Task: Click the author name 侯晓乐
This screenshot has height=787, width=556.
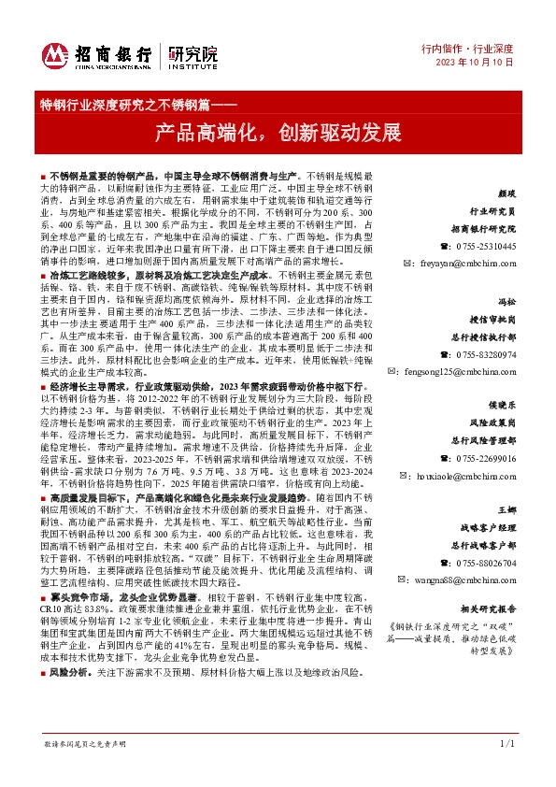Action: click(x=503, y=407)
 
